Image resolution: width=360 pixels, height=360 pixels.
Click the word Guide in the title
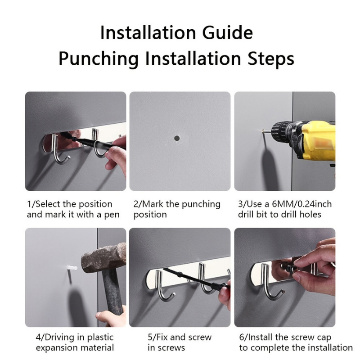[x=227, y=32]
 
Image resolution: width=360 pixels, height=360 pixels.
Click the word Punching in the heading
[x=99, y=59]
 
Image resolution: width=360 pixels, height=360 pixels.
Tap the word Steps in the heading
[x=271, y=59]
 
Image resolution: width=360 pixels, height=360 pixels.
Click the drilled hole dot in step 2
[x=177, y=138]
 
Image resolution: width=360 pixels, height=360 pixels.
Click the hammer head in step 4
[x=104, y=258]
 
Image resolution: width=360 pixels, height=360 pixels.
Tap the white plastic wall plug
[x=72, y=268]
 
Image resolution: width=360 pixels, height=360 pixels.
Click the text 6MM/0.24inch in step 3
[x=301, y=204]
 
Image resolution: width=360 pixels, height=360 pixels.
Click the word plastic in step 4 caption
[x=100, y=337]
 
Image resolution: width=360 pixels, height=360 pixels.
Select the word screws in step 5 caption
[x=171, y=348]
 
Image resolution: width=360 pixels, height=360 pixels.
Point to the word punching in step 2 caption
[x=201, y=204]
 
